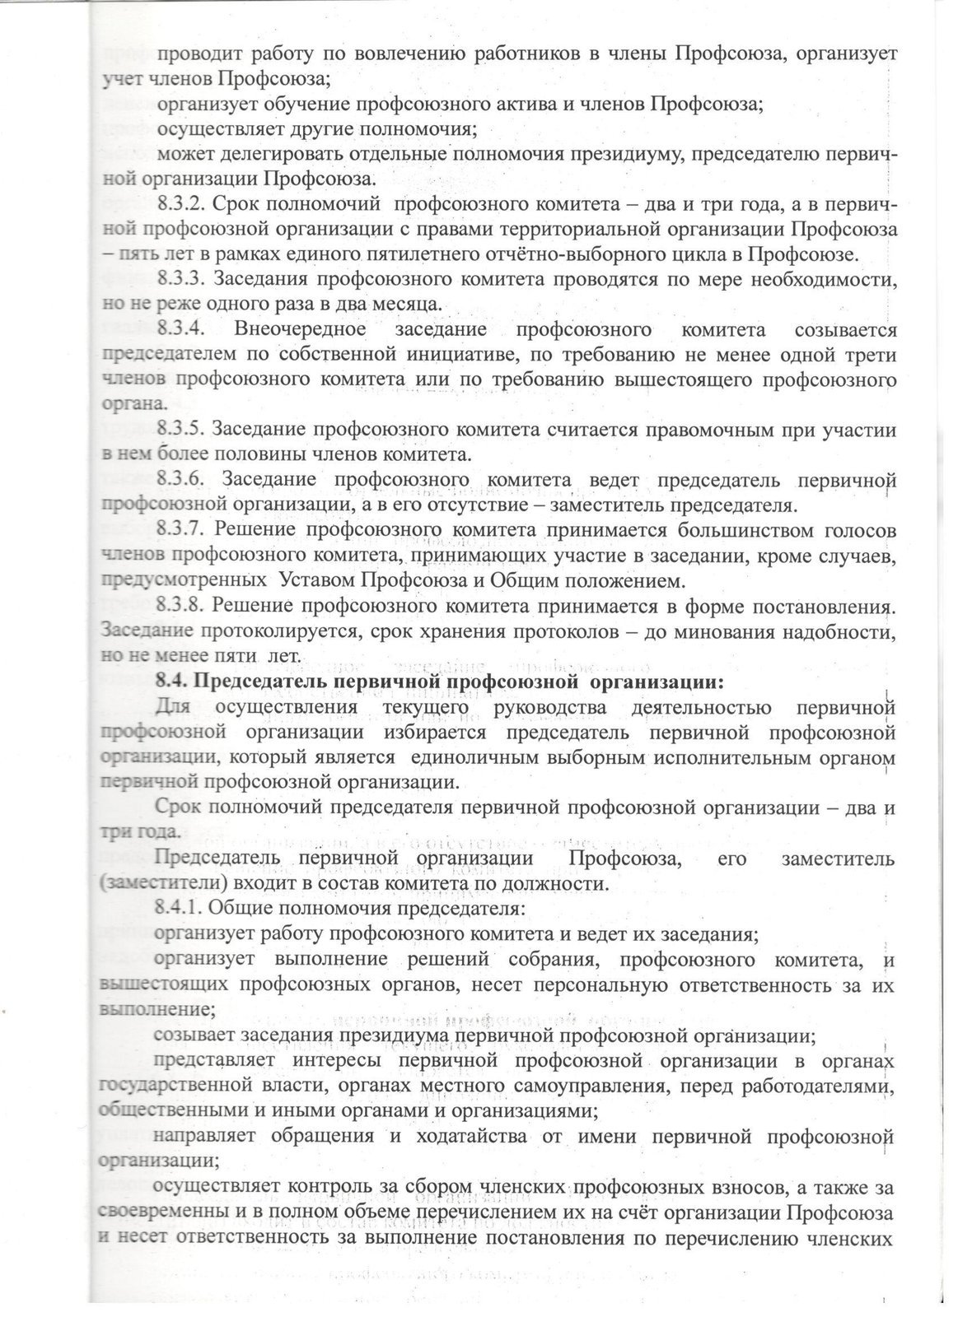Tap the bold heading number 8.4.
coord(171,682)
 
